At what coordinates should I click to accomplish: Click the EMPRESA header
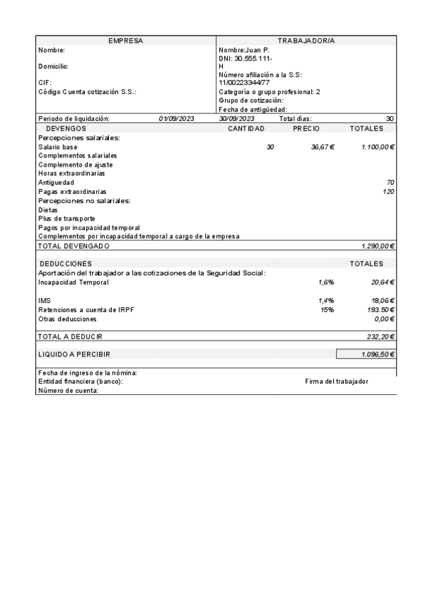(126, 41)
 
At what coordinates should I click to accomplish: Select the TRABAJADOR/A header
(306, 41)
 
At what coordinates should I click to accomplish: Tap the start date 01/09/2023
(176, 119)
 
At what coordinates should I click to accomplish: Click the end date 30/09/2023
(236, 119)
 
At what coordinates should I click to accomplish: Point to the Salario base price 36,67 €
(323, 147)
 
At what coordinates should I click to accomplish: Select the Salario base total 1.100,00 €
(377, 147)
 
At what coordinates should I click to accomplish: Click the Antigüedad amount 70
(390, 183)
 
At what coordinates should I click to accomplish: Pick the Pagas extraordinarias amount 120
(388, 191)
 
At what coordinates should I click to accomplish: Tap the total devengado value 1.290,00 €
(377, 246)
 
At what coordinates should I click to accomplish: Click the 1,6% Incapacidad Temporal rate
(325, 282)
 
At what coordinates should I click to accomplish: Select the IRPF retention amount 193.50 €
(377, 309)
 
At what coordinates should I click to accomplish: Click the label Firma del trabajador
(337, 381)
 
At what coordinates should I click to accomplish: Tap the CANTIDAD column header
(246, 129)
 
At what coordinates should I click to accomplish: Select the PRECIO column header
(306, 129)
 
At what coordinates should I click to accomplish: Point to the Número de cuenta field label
(67, 390)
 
